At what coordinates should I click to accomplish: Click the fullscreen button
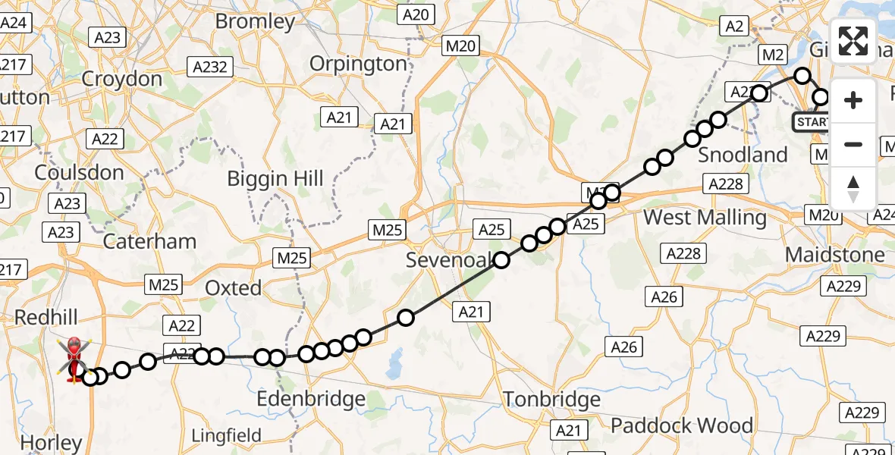coord(853,41)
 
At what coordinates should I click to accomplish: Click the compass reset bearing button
coord(853,189)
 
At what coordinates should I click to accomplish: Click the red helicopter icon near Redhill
coord(74,359)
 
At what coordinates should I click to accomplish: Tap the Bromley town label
coord(255,21)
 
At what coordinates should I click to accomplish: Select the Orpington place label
coord(359,64)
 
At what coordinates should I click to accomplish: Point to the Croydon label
coord(121,79)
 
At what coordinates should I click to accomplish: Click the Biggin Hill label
coord(276,179)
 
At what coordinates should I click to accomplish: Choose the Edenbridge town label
coord(311,399)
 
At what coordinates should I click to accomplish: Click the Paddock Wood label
coord(682,425)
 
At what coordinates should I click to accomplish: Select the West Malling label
coord(705,218)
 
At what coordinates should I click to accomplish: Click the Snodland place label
coord(743,155)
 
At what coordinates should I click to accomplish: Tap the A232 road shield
coord(210,67)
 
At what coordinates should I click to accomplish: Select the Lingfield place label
coord(226,436)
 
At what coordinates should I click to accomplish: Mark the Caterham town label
coord(149,241)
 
